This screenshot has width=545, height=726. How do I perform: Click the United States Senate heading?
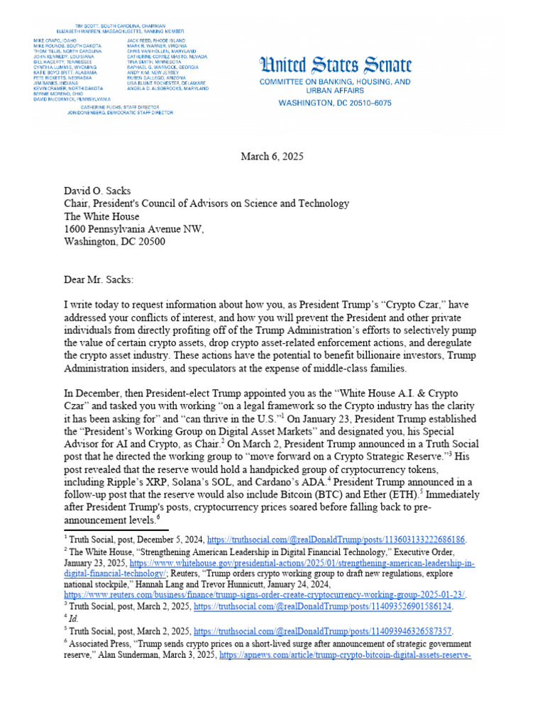pyautogui.click(x=335, y=67)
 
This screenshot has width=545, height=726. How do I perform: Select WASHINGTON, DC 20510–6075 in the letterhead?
pyautogui.click(x=334, y=102)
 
